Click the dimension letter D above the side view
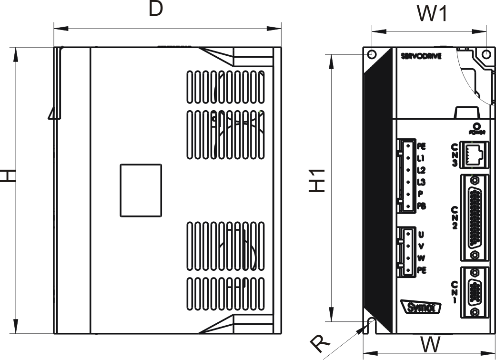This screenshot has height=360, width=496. point(155,9)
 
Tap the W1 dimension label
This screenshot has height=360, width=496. point(432,14)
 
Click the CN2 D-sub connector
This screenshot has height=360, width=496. point(475,218)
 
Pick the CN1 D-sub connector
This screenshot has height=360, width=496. point(475,291)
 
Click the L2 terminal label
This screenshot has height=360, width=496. point(421,170)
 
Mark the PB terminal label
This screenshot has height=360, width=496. point(422,206)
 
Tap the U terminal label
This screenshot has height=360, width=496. point(421,235)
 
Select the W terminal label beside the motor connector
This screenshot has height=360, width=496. point(421,257)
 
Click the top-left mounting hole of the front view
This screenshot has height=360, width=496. point(372,54)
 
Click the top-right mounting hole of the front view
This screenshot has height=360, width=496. point(486,54)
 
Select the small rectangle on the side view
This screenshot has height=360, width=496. point(141,190)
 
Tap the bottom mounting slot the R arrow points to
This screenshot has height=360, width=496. point(372,326)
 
